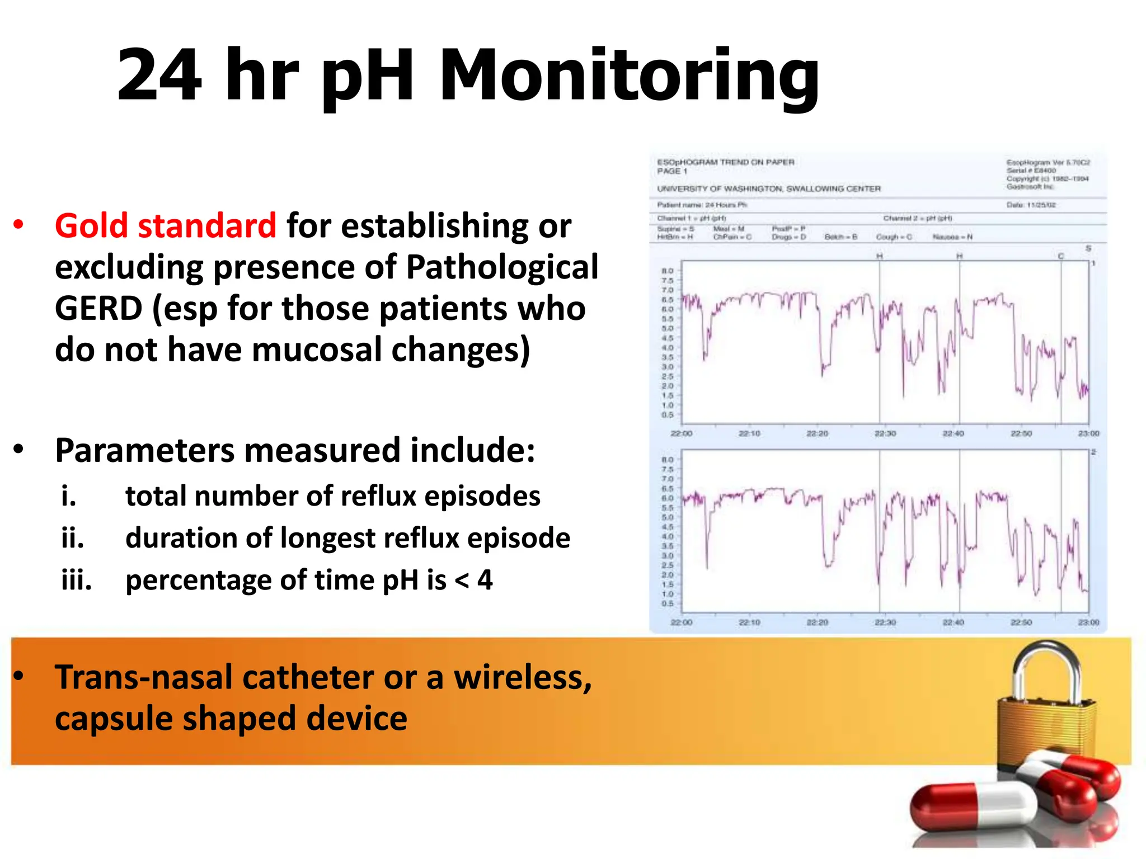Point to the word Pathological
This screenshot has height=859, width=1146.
pyautogui.click(x=502, y=267)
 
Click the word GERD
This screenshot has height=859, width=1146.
pyautogui.click(x=98, y=308)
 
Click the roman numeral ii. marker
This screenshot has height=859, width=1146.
pyautogui.click(x=73, y=538)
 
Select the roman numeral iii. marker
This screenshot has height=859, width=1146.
pyautogui.click(x=76, y=580)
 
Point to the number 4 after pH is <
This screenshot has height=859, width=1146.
pyautogui.click(x=485, y=580)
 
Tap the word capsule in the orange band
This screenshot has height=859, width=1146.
pyautogui.click(x=112, y=719)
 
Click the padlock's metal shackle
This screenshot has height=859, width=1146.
pyautogui.click(x=1046, y=671)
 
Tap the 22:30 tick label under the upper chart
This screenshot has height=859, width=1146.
pyautogui.click(x=885, y=433)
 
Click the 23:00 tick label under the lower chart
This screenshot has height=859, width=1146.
pyautogui.click(x=1089, y=622)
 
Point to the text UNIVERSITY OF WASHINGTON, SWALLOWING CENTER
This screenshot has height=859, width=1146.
pyautogui.click(x=769, y=189)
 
